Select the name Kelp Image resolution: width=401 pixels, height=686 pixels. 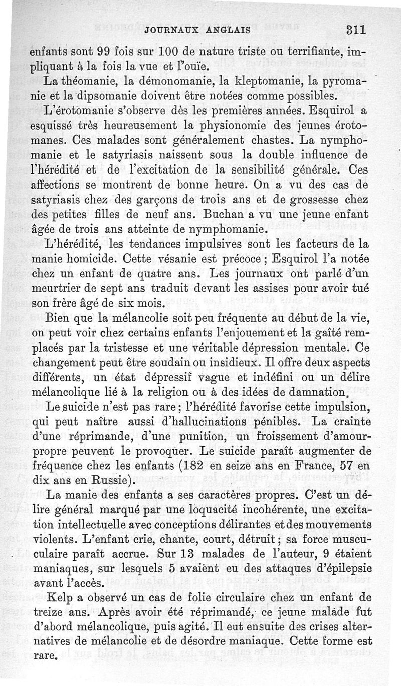click(58, 599)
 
